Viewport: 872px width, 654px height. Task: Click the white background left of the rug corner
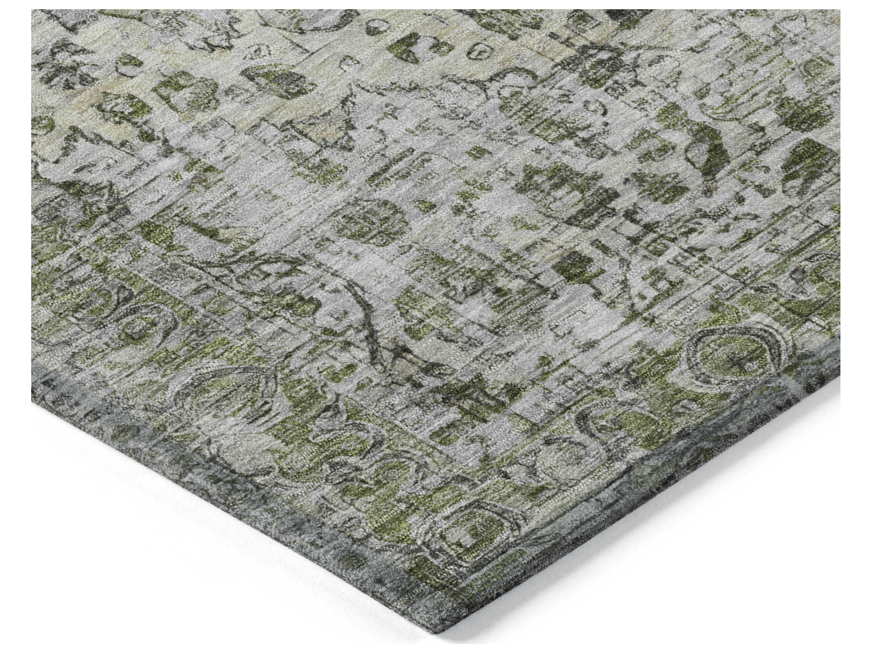tap(197, 572)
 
